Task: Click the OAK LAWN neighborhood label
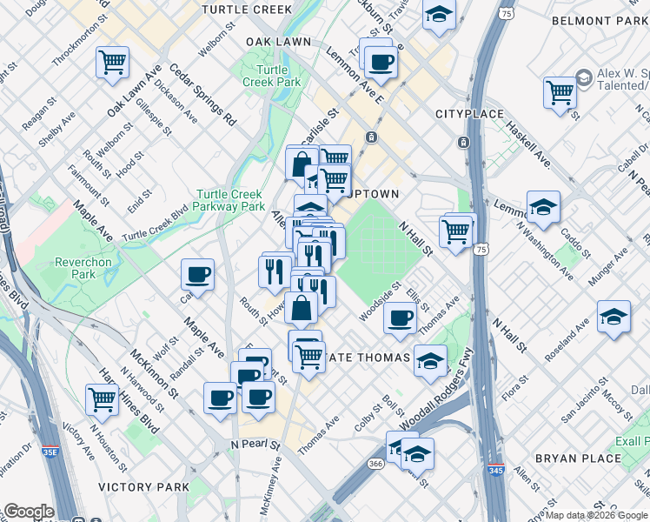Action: pos(278,41)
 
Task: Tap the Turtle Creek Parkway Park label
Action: pos(230,201)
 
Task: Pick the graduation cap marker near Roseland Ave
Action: pos(614,318)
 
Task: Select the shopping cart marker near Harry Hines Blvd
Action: pos(103,399)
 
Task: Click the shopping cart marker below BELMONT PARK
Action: pos(560,91)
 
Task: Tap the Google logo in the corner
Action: pos(29,512)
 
